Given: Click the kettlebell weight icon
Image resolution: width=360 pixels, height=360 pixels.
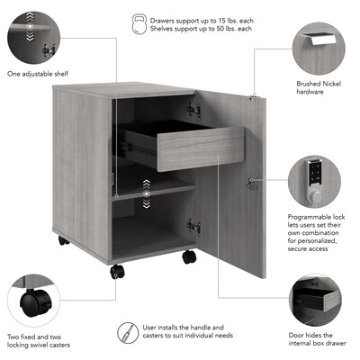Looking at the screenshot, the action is tap(139, 24).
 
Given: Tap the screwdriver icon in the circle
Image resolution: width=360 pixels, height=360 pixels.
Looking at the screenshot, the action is tap(128, 333).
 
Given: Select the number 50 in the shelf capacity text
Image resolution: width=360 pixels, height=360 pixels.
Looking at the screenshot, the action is tap(217, 29).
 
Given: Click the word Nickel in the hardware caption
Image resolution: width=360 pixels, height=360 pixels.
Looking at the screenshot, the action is tap(331, 84).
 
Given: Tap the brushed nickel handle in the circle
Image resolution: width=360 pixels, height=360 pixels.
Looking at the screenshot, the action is tap(319, 39).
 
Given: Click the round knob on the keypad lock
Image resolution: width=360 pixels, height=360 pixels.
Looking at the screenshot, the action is tap(315, 196).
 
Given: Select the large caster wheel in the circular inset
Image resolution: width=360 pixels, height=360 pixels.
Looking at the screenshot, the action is tap(33, 303).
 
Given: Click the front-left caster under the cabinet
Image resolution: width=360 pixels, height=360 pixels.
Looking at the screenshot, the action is tap(117, 272).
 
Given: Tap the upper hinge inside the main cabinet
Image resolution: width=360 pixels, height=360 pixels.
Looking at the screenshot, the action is tap(193, 110).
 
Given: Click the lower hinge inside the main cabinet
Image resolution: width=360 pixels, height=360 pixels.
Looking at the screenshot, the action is tap(193, 227).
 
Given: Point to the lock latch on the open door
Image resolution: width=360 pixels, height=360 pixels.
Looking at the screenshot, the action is tap(251, 183).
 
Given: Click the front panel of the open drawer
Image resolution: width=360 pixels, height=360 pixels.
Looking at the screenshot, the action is tap(201, 148).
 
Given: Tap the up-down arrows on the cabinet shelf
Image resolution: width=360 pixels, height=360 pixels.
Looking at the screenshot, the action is tap(147, 194).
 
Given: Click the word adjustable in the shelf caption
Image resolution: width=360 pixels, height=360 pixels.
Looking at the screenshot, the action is tap(36, 74).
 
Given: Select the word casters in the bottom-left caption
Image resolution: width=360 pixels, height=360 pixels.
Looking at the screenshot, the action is tap(59, 345).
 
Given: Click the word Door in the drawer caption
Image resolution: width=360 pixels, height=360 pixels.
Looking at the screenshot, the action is tap(295, 335).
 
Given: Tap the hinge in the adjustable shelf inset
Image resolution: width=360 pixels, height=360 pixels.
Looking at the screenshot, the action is tap(49, 50).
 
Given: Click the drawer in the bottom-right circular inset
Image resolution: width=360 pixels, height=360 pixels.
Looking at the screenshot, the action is tap(315, 299).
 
